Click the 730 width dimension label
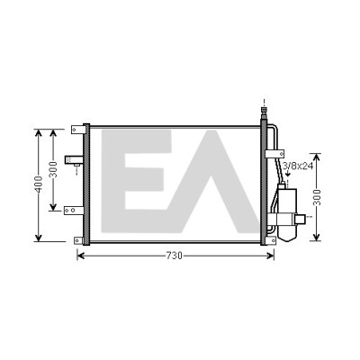click(174, 256)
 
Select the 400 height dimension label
click(39, 184)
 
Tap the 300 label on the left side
click(53, 169)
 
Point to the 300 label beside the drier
click(317, 197)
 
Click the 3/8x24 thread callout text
click(298, 166)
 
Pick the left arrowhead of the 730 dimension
click(80, 256)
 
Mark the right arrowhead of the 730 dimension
click(271, 256)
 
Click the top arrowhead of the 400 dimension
click(38, 132)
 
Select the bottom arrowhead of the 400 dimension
click(38, 238)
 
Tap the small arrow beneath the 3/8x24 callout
click(288, 174)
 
